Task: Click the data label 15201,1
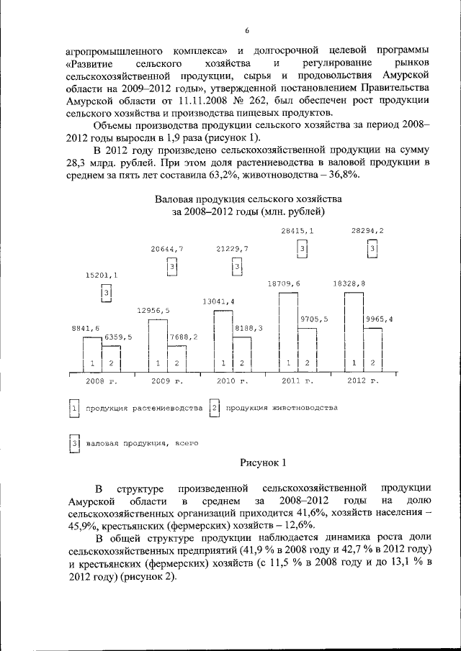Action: point(102,275)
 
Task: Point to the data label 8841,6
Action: point(85,328)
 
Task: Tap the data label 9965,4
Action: point(378,319)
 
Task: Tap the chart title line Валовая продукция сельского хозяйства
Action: point(249,198)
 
